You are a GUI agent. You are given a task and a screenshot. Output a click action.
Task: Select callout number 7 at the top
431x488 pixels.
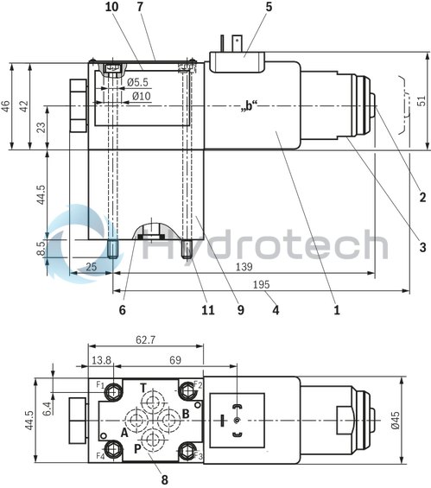(139, 7)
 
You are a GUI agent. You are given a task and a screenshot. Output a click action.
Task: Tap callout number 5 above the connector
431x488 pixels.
(245, 7)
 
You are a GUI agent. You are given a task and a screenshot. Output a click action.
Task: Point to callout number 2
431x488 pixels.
(422, 197)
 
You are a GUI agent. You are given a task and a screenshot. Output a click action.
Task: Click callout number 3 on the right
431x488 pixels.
(422, 247)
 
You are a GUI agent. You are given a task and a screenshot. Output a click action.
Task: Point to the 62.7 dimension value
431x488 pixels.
(144, 341)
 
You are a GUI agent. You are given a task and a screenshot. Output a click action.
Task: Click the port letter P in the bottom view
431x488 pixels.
(137, 448)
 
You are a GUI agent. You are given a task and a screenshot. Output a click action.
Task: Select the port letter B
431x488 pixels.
(185, 414)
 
